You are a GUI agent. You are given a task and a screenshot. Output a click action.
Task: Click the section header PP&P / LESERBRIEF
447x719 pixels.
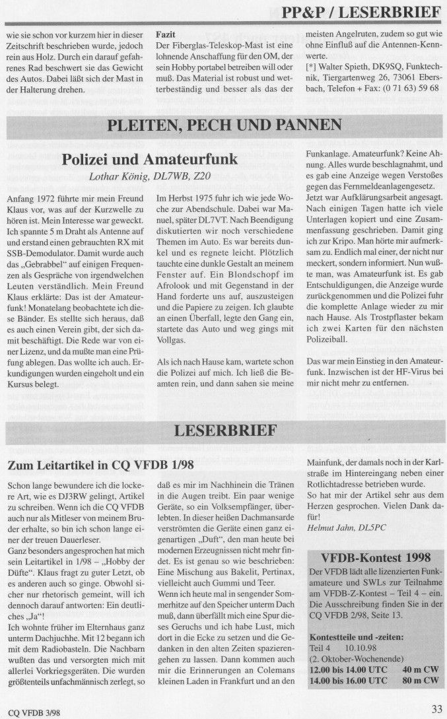tap(361, 12)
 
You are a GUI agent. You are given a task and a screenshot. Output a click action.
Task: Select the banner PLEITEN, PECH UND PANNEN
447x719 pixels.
tap(224, 125)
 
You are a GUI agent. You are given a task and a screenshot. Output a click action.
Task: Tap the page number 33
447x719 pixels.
tap(436, 709)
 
